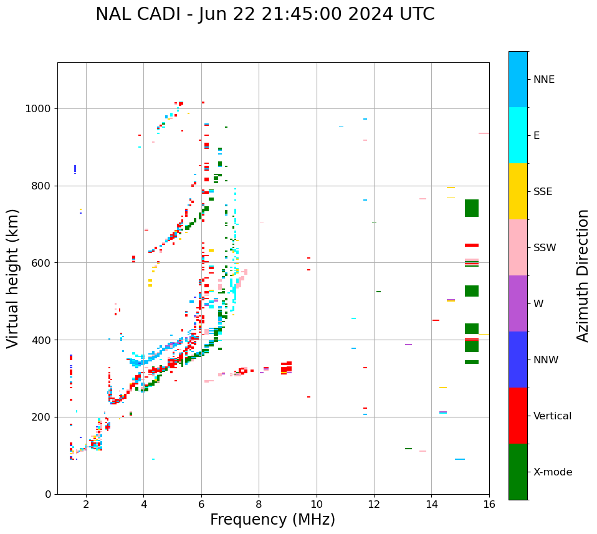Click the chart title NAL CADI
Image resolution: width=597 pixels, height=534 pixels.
coord(265,14)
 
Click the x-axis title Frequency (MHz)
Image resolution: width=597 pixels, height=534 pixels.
coord(272,520)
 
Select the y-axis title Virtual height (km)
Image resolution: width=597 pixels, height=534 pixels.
coord(13,278)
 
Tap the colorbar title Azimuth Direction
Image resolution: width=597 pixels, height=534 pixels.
coord(583,275)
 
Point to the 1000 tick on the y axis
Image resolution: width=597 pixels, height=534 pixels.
coord(41,108)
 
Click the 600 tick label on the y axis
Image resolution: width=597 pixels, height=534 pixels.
coord(44,263)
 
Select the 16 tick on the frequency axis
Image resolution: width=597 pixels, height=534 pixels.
coord(489,504)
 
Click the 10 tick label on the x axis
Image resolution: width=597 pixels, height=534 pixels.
coord(317,504)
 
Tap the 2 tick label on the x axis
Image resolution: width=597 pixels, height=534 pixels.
coord(86,504)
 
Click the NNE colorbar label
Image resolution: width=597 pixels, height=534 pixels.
coord(543,80)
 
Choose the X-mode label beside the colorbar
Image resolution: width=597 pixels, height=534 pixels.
coord(552,472)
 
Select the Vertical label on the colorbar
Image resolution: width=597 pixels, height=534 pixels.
coord(552,416)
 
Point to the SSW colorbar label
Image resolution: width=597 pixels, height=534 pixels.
coord(545,248)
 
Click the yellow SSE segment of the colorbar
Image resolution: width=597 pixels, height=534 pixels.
coord(518,191)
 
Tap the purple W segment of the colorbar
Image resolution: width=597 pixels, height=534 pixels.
coord(518,303)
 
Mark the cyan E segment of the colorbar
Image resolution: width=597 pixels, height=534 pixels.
coord(518,135)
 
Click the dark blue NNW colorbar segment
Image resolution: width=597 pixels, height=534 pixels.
coord(518,360)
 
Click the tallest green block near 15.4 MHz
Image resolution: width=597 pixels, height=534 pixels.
coord(472,208)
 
